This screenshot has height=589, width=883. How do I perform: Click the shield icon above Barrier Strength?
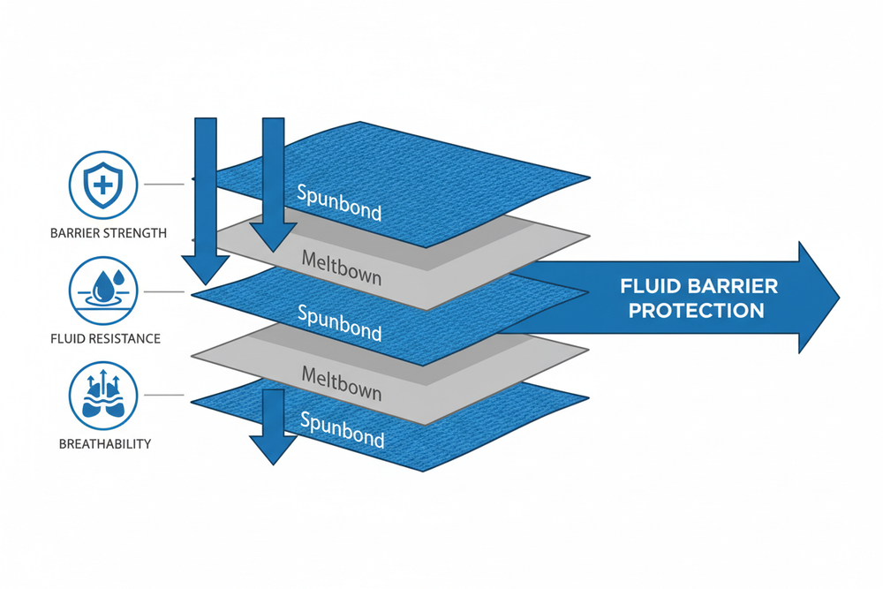pyautogui.click(x=102, y=185)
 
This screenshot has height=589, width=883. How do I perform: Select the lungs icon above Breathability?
pyautogui.click(x=102, y=395)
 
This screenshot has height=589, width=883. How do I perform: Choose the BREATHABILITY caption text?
pyautogui.click(x=102, y=443)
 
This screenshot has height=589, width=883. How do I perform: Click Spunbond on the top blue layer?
pyautogui.click(x=339, y=203)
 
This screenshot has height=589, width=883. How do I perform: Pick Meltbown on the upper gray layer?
pyautogui.click(x=342, y=269)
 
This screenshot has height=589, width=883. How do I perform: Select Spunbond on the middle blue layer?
pyautogui.click(x=339, y=322)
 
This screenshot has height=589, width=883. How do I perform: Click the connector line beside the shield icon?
pyautogui.click(x=162, y=185)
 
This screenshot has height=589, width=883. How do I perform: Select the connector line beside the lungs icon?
pyautogui.click(x=162, y=395)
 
